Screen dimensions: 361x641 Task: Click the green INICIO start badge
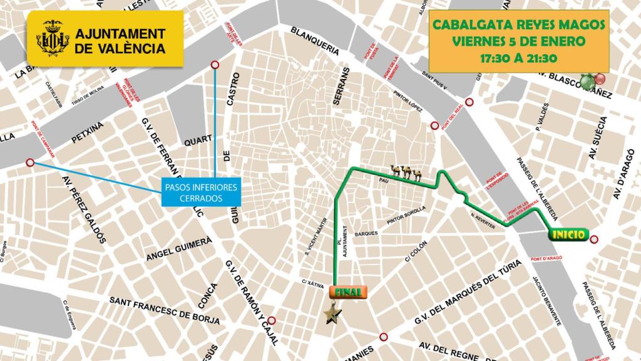[568, 235]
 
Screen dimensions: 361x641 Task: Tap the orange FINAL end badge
[347, 291]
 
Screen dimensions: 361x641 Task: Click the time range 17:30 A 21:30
[518, 58]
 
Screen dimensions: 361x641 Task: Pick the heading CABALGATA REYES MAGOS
[518, 26]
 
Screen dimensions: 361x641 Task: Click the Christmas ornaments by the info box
[592, 80]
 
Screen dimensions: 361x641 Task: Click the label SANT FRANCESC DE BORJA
[164, 310]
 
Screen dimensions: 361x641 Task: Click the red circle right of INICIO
[594, 238]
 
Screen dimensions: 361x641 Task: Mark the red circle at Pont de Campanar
[30, 163]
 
